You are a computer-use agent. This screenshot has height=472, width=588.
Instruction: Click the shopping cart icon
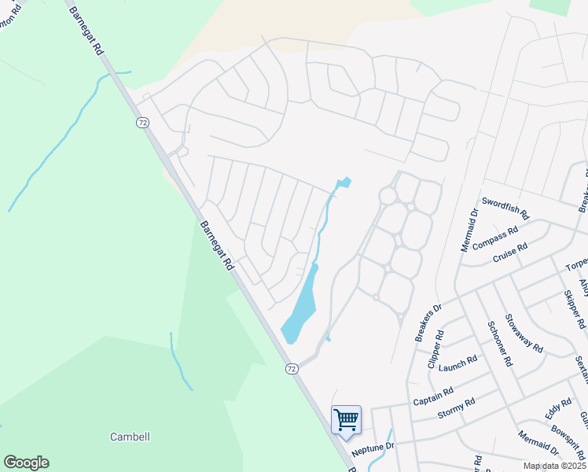pos(346,419)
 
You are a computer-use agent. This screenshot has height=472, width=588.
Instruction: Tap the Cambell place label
pos(130,437)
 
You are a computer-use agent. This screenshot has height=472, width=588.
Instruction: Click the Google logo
pos(26,463)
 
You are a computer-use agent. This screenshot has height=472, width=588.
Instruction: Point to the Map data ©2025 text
pos(553,466)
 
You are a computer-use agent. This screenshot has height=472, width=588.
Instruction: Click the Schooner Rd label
pos(499,344)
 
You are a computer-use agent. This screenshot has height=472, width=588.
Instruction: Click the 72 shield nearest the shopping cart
pos(292,368)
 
